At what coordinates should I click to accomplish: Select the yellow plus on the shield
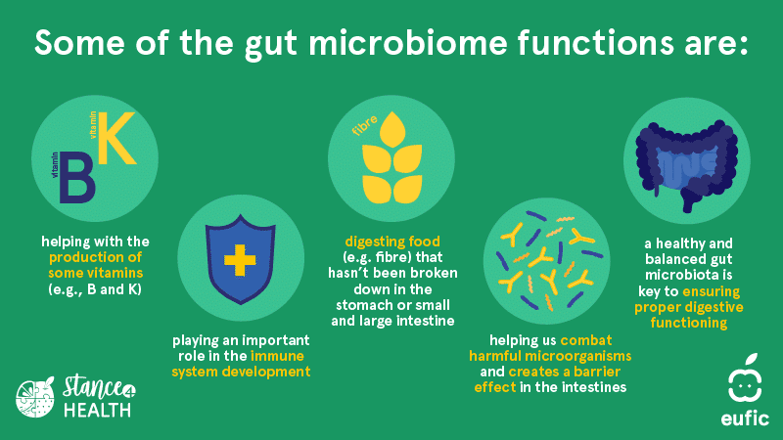[240, 260]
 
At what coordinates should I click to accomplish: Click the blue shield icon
[241, 259]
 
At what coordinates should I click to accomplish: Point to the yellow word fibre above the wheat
[364, 125]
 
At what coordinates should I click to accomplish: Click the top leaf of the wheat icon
[392, 129]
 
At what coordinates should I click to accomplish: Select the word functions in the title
[595, 42]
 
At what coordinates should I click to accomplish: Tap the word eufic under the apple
[745, 418]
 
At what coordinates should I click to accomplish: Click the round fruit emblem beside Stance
[35, 397]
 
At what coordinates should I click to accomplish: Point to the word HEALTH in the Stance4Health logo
[97, 410]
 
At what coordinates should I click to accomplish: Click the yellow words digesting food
[392, 242]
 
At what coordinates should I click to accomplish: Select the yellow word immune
[277, 356]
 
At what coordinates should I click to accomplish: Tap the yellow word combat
[585, 340]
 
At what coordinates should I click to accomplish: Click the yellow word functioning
[689, 323]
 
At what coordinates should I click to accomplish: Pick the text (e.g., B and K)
[95, 289]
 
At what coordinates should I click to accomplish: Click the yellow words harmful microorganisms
[550, 356]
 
